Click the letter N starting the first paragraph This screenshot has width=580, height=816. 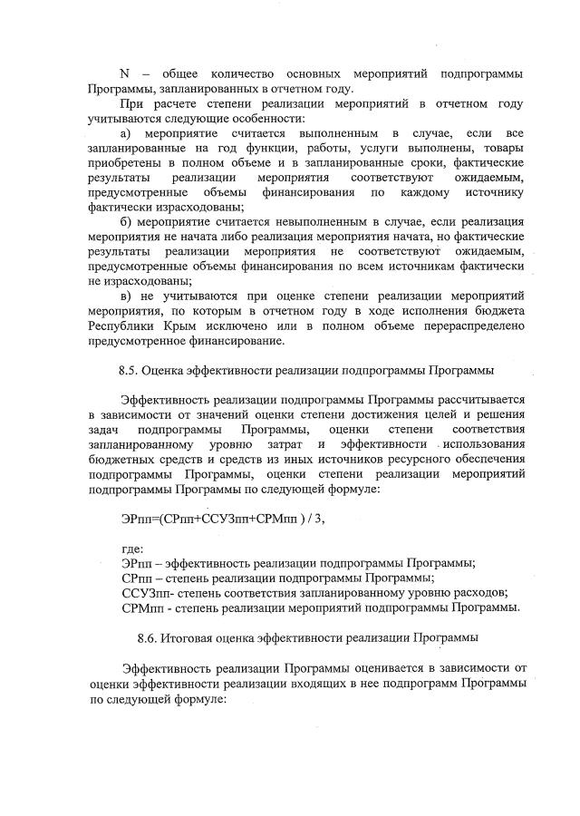pos(124,73)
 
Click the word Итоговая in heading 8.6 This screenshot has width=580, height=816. pos(191,637)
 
